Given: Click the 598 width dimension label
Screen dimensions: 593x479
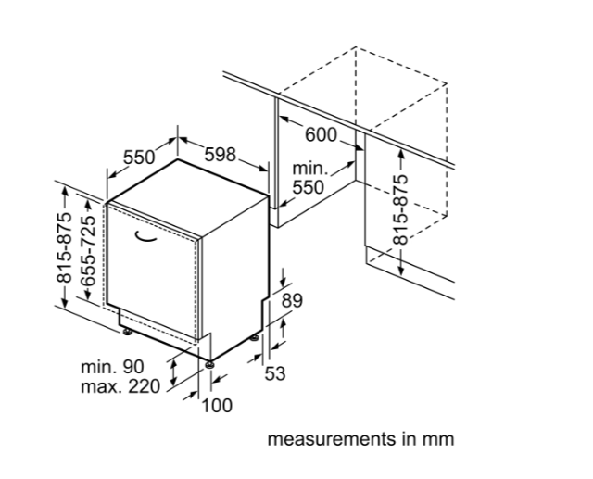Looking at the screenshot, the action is (220, 155).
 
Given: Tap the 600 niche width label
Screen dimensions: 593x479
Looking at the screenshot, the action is (321, 135).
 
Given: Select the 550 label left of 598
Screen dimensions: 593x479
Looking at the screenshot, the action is (139, 158).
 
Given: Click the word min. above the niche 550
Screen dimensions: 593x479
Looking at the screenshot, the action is (310, 169).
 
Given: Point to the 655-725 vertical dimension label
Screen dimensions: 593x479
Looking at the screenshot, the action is (88, 251).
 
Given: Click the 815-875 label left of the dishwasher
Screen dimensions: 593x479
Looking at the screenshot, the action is (64, 247).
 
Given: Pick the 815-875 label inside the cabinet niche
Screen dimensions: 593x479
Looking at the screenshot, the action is (400, 209).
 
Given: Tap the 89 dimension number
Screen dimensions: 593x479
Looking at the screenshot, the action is (293, 301).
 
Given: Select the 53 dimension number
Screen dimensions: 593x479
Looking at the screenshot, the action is (275, 373).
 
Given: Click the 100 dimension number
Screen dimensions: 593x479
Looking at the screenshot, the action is (217, 406).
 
